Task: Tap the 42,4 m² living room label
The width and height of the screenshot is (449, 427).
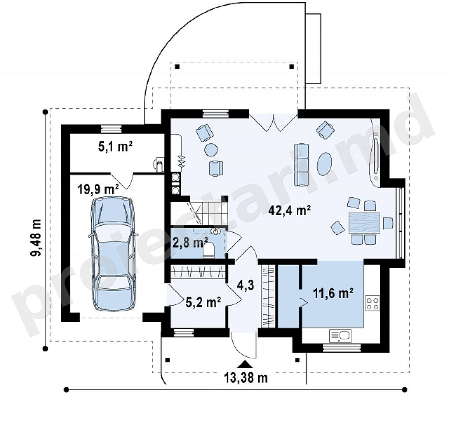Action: [290, 211]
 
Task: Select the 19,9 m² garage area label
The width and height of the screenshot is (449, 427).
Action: [98, 189]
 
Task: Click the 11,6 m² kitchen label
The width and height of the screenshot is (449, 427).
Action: [333, 293]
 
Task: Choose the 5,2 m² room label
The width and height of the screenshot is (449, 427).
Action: [203, 302]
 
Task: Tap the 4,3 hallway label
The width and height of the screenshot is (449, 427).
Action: [246, 285]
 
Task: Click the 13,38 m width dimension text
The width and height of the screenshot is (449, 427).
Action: [246, 378]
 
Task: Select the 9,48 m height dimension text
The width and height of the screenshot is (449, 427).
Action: [36, 238]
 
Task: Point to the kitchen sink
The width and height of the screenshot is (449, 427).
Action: [340, 336]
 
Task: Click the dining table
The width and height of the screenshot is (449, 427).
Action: [364, 223]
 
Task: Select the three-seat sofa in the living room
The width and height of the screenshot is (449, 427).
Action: [302, 165]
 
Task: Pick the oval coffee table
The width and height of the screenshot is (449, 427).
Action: [324, 162]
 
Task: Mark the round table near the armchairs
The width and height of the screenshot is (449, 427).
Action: [211, 149]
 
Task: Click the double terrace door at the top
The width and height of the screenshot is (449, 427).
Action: [274, 122]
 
